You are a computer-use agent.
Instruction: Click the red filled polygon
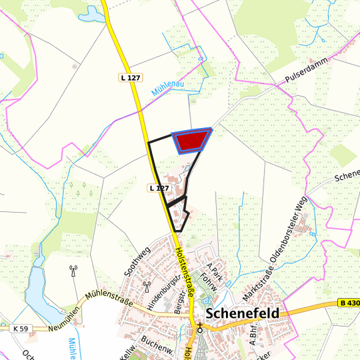tap(192, 140)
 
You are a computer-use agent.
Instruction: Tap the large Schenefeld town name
tap(243, 313)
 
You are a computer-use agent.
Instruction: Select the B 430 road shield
tap(348, 303)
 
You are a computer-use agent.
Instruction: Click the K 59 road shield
tap(21, 329)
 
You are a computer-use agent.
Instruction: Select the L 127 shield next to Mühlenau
tap(131, 78)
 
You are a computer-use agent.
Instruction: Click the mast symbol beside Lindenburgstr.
tap(146, 287)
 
